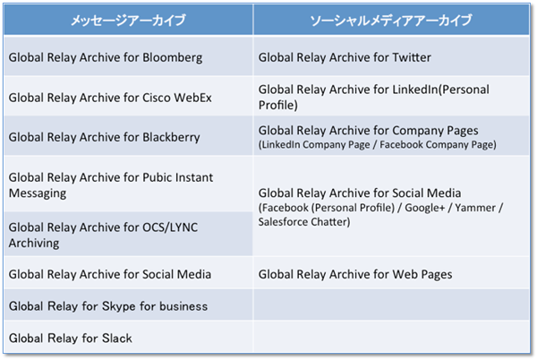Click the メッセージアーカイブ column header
pos(128,21)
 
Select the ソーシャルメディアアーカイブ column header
pos(391,21)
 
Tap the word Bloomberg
pos(172,57)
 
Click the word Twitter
pos(412,57)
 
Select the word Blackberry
pos(171,137)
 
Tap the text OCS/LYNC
pos(170,227)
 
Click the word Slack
pos(116,339)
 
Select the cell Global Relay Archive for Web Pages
pos(391,273)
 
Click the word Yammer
pos(475,208)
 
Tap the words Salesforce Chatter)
pos(304,222)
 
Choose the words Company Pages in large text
pos(435,131)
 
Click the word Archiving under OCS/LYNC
pos(34,243)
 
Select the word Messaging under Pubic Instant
pos(38,193)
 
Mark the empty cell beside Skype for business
pos(391,304)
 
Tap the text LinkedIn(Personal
pos(440,90)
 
